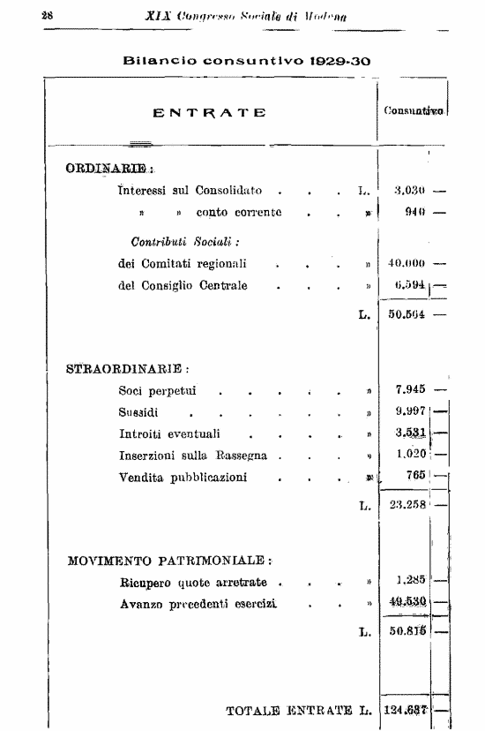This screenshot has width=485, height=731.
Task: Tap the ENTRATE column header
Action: point(210,112)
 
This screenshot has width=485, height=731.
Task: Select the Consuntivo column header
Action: point(413,112)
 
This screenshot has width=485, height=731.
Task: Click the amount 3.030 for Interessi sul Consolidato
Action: point(407,190)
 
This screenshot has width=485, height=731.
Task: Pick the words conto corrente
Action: point(239,213)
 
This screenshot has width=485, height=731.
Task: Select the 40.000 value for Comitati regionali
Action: point(407,263)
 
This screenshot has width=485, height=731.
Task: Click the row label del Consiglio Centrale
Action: point(183,285)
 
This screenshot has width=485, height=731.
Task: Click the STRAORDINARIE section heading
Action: point(129,368)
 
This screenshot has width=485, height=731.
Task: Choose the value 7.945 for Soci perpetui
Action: point(411,389)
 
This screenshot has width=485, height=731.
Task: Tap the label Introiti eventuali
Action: point(169,433)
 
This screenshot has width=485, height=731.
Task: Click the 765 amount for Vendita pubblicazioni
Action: point(416,476)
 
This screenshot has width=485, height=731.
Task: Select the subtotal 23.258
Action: point(408,506)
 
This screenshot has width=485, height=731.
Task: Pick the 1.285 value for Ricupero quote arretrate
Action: point(411,581)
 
